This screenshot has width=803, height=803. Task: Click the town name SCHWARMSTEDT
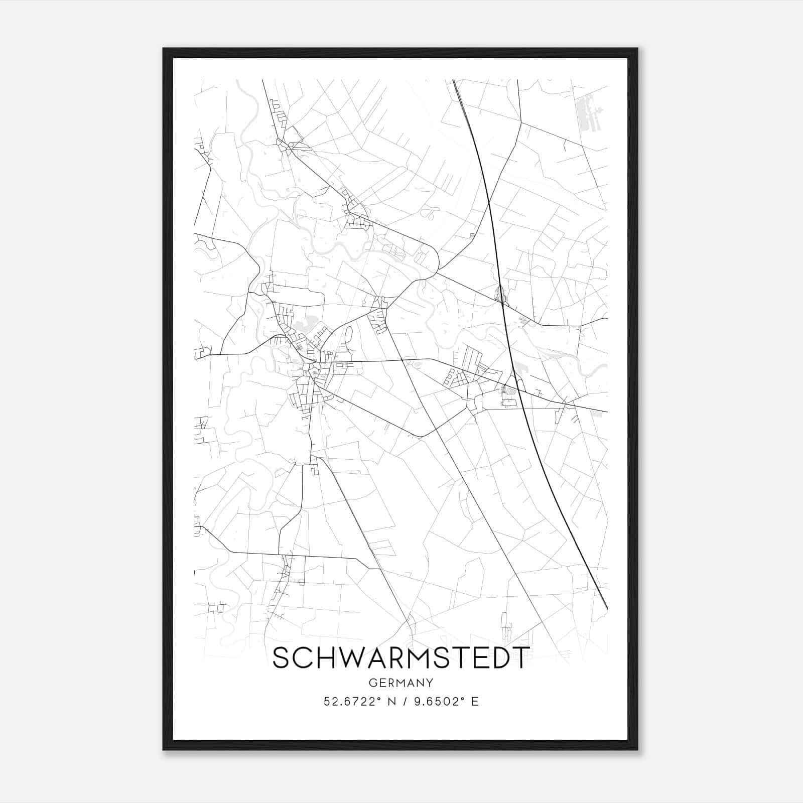[400, 658]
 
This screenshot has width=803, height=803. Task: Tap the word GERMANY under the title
[401, 683]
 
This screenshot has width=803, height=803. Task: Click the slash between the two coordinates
[405, 702]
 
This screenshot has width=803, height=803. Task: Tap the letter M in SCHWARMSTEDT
[415, 658]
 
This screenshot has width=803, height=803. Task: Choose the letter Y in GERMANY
[429, 683]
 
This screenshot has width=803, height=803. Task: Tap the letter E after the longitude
[474, 702]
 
